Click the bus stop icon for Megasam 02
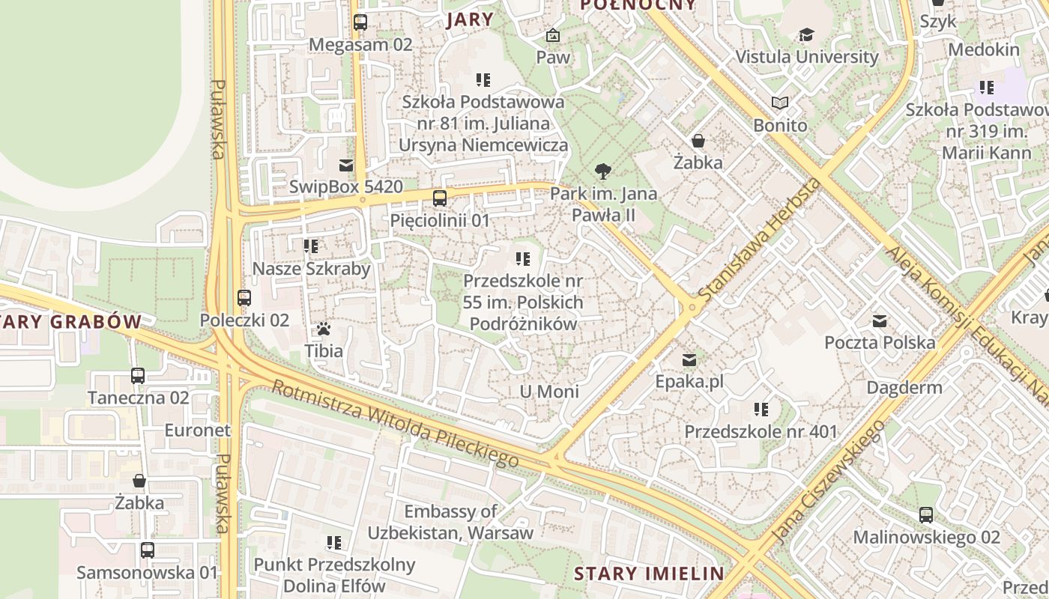pos(360,22)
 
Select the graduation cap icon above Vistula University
pos(806,35)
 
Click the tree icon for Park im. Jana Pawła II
pos(602,171)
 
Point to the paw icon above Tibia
pos(323,329)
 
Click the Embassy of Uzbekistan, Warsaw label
pos(450,523)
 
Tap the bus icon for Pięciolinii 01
pos(440,198)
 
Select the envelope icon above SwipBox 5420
pos(345,165)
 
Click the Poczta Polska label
pos(880,343)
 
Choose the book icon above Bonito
pos(780,103)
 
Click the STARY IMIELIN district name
pos(649,574)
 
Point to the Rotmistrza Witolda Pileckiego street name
pos(395,423)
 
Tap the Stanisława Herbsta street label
pos(758,239)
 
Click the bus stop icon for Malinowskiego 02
pos(926,515)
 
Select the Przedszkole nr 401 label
pos(761,432)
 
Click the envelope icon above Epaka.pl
pos(689,360)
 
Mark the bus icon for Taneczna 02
pos(138,376)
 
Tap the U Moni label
pos(549,392)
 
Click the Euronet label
pos(198,431)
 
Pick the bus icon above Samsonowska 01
pos(148,550)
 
